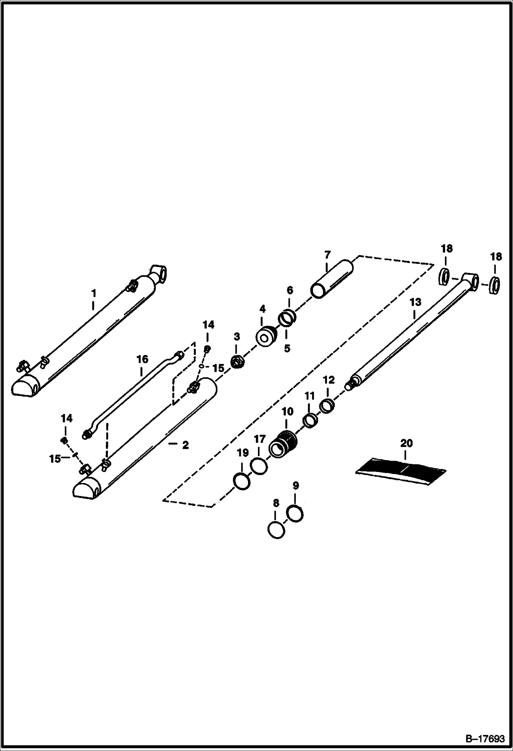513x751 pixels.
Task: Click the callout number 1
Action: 93,294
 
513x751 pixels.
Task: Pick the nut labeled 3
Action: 237,362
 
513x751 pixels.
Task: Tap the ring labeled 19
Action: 241,482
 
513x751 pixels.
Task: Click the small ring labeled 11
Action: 310,421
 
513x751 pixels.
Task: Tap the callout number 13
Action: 415,302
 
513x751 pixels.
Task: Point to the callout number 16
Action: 142,359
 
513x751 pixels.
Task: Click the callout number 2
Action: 185,445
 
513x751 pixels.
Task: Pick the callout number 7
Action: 327,255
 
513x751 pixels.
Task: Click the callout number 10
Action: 288,412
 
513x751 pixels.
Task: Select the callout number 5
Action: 287,348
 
